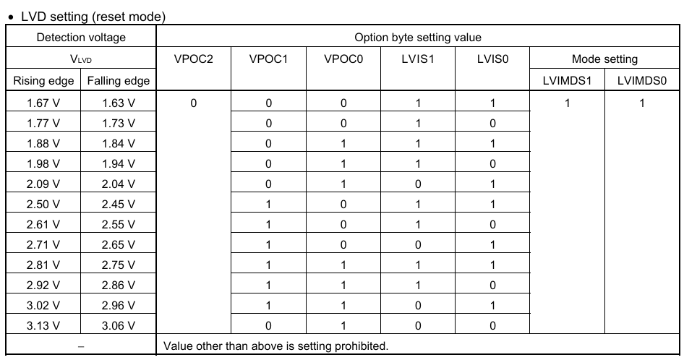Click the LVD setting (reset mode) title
pyautogui.click(x=93, y=17)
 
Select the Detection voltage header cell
pyautogui.click(x=81, y=38)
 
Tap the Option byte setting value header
pyautogui.click(x=418, y=38)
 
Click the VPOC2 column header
pyautogui.click(x=193, y=59)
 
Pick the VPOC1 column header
pyautogui.click(x=268, y=59)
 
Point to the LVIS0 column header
pyautogui.click(x=492, y=59)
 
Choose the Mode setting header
pyautogui.click(x=604, y=59)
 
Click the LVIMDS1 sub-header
pyautogui.click(x=567, y=81)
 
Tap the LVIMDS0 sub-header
pyautogui.click(x=641, y=81)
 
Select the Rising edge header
pyautogui.click(x=43, y=81)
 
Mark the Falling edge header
pyautogui.click(x=118, y=81)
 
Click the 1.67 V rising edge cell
pyautogui.click(x=43, y=103)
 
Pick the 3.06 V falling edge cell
pyautogui.click(x=118, y=325)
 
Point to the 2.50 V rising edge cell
pyautogui.click(x=43, y=205)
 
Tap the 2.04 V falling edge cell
pyautogui.click(x=118, y=184)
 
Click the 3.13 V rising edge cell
pyautogui.click(x=43, y=325)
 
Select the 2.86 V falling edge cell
pyautogui.click(x=118, y=285)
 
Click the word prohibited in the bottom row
pyautogui.click(x=362, y=346)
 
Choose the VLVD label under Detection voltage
pyautogui.click(x=81, y=59)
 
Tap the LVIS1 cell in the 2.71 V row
pyautogui.click(x=418, y=245)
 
